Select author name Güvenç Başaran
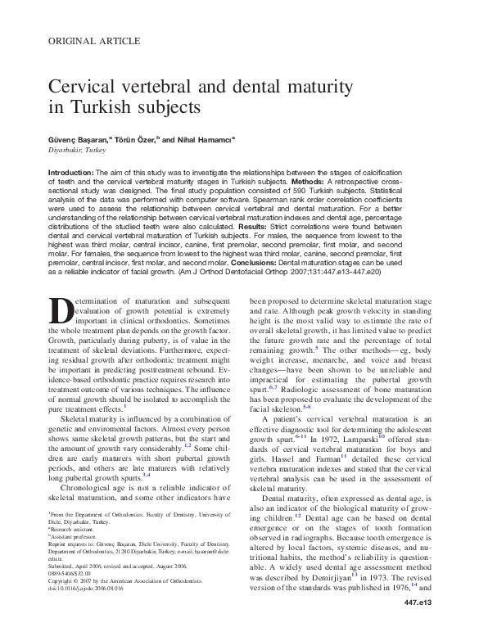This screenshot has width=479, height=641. point(83,139)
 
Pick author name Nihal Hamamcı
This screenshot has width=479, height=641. point(205,139)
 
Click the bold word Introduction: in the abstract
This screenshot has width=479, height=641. point(71,174)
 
